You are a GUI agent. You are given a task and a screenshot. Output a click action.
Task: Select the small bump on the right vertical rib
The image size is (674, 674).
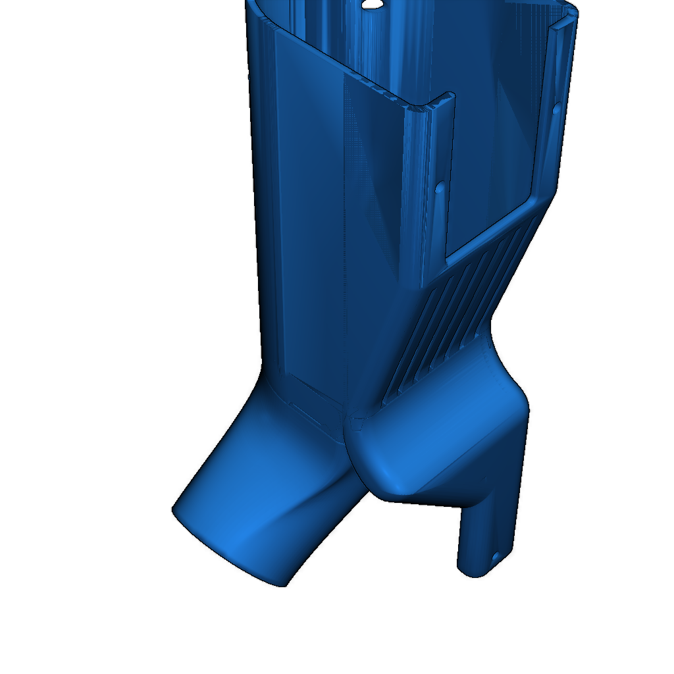coord(556,108)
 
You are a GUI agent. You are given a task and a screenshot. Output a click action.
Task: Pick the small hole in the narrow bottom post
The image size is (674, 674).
coord(495,559)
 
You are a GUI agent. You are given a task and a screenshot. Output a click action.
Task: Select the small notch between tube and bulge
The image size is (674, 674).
coord(355,425)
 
